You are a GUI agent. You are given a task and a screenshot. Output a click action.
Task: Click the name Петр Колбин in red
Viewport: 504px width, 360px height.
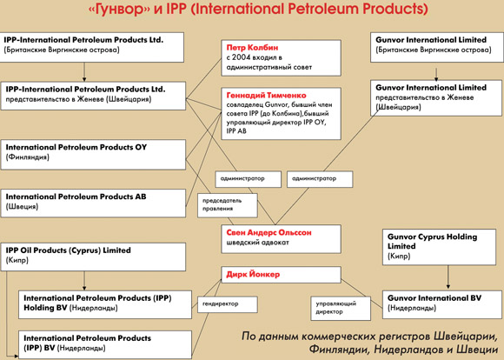coord(252,48)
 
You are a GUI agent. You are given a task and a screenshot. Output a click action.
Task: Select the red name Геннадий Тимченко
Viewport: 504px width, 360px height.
coord(266,96)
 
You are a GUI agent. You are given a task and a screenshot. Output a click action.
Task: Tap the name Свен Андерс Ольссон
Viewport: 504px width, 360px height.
coord(269,232)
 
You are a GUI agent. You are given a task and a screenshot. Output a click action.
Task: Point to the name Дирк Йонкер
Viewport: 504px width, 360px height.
coord(253,275)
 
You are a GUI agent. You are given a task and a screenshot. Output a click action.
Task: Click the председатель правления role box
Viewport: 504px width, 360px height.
coord(228,205)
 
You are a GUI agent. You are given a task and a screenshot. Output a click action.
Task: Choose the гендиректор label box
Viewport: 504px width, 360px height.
coord(228,304)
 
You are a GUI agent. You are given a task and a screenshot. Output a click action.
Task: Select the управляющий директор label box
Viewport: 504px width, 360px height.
coord(341,308)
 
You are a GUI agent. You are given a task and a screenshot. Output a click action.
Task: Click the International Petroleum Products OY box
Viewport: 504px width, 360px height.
coord(93,155)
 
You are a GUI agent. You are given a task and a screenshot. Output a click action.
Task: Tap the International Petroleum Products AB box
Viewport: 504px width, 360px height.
coord(93,203)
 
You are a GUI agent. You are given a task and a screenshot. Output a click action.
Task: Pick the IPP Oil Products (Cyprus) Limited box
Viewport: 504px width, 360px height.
coord(93,257)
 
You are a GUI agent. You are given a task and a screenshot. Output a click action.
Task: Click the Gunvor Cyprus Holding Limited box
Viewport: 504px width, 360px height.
coord(439,247)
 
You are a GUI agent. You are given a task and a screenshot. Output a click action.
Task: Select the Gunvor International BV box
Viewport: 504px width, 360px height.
coord(442,304)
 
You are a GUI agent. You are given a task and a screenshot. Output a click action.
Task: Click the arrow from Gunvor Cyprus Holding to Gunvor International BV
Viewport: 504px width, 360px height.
coord(448,277)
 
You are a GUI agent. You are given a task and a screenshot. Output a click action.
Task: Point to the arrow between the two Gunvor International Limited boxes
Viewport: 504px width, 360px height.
coord(436,75)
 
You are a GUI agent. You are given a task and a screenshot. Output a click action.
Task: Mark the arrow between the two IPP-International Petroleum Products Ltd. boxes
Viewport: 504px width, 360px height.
coord(84,72)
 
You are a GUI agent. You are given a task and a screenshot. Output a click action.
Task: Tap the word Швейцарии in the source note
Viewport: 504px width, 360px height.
coord(464,337)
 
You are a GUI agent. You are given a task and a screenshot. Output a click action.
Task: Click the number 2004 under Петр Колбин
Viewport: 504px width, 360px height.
coord(241,57)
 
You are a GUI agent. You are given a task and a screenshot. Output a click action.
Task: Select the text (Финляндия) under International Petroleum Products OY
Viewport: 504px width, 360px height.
coord(27,157)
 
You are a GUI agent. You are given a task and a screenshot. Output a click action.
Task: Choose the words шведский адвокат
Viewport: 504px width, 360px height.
coord(258,243)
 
